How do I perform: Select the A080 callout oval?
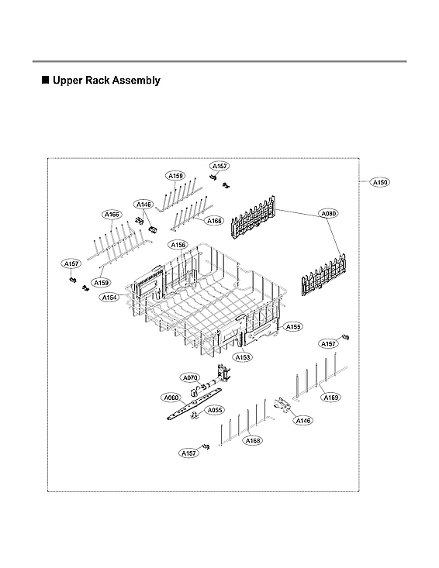[329, 213]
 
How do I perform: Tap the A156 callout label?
[178, 245]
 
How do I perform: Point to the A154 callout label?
[109, 298]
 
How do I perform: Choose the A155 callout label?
[292, 327]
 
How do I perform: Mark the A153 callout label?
[243, 357]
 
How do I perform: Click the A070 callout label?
[191, 377]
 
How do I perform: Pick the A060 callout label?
[171, 398]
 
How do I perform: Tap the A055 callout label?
[215, 410]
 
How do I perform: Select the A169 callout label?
[331, 398]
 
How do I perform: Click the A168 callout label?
[253, 441]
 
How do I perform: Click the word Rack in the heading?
[96, 81]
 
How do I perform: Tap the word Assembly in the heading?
[137, 81]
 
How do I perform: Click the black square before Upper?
[44, 80]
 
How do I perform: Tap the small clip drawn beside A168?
[207, 447]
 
